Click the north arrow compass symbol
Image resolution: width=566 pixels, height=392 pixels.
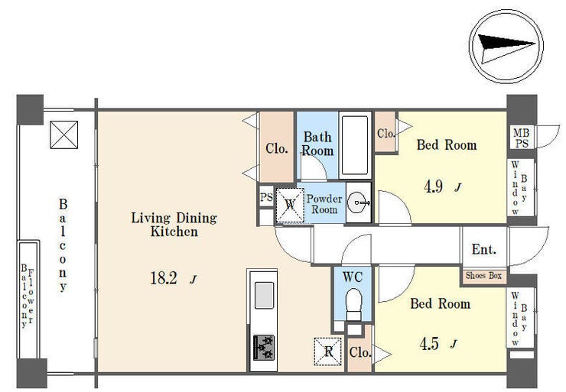pos(506,47)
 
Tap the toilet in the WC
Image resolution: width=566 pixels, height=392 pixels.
pos(353,303)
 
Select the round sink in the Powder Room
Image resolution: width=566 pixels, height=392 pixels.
pos(357,202)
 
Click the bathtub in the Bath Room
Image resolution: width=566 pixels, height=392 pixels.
pos(355,145)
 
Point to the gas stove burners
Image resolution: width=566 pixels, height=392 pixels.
pos(264,348)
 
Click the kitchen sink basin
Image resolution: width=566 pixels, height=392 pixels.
pos(264,295)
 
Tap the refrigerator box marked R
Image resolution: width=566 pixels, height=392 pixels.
pos(328,352)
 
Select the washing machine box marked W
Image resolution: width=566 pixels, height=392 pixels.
pos(290,205)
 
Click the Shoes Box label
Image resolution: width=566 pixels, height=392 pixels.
pos(483,276)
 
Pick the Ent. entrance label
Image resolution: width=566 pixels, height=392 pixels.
pos(483,249)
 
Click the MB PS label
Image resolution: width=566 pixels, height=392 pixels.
pos(522,138)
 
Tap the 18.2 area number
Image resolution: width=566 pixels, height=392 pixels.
pos(164,278)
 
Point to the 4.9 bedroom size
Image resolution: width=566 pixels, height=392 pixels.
pos(433,186)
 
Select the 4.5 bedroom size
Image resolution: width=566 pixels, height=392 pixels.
pos(429,344)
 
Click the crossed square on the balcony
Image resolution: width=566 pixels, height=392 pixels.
pos(64,134)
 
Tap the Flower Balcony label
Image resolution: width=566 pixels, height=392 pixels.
pos(28,296)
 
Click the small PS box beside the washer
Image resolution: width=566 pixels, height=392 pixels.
pos(266,197)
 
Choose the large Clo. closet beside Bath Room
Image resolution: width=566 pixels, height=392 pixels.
pos(277,147)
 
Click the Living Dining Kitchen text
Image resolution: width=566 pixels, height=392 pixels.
pos(174,225)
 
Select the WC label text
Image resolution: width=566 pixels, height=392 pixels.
pos(353,277)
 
